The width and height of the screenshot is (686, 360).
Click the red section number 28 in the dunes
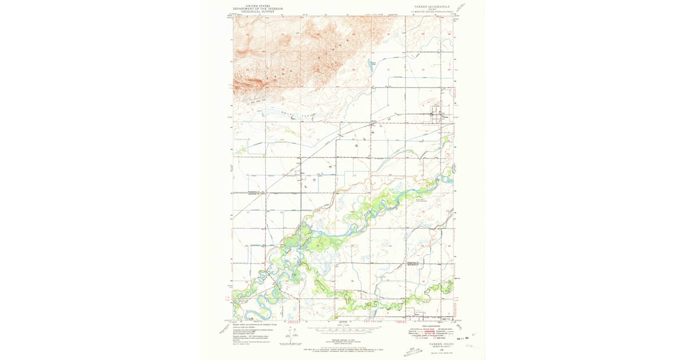(247, 35)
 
